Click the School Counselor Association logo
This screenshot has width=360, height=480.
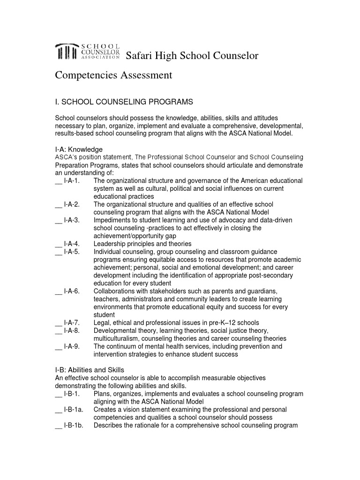[x=88, y=52]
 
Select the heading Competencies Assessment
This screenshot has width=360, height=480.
[x=114, y=75]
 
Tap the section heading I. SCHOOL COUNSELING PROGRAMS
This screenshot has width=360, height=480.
[x=124, y=102]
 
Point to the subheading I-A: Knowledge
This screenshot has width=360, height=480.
[x=79, y=149]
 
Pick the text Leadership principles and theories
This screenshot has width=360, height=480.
[x=142, y=244]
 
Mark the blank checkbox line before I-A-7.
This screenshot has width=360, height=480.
[x=59, y=323]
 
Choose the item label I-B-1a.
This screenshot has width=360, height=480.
[x=74, y=410]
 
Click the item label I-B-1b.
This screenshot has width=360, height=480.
[x=74, y=426]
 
